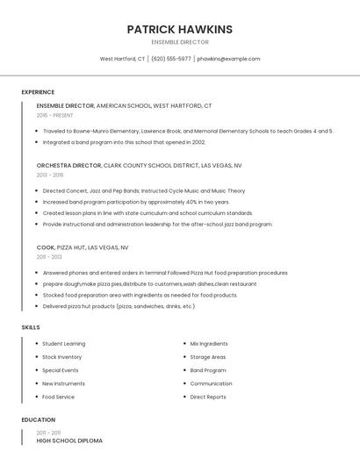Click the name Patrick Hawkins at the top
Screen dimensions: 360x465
pyautogui.click(x=179, y=29)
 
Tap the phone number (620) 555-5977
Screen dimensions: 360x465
pyautogui.click(x=170, y=59)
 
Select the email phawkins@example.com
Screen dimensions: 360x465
pyautogui.click(x=228, y=59)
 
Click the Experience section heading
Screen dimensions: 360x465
pyautogui.click(x=38, y=92)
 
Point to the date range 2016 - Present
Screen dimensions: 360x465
pyautogui.click(x=54, y=115)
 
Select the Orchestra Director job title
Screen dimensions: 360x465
pyautogui.click(x=69, y=165)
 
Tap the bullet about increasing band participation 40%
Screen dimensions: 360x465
pyautogui.click(x=136, y=202)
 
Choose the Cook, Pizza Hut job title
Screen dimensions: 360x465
pyautogui.click(x=82, y=247)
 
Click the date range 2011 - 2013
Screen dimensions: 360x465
pyautogui.click(x=49, y=257)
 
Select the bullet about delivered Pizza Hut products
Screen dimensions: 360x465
pyautogui.click(x=119, y=306)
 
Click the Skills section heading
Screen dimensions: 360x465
pyautogui.click(x=30, y=327)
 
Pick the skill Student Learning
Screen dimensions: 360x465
pyautogui.click(x=63, y=344)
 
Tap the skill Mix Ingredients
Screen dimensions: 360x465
pyautogui.click(x=209, y=344)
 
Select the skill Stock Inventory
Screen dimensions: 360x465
pyautogui.click(x=61, y=357)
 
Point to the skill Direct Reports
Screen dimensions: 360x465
pyautogui.click(x=208, y=397)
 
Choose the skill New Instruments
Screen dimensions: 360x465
pyautogui.click(x=63, y=383)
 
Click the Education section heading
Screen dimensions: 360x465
pyautogui.click(x=38, y=419)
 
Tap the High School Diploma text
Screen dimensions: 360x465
pyautogui.click(x=69, y=440)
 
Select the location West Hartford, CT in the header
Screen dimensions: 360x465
pyautogui.click(x=122, y=59)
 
